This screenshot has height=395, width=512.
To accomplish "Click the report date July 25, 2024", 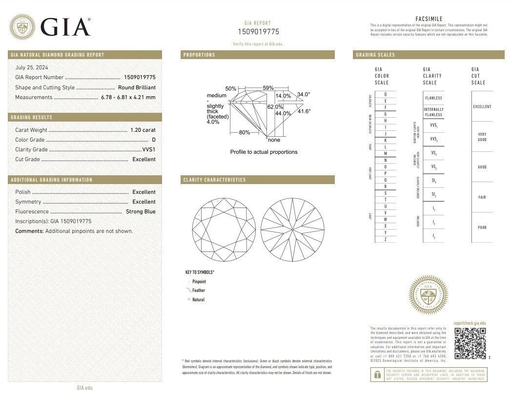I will (x=32, y=67).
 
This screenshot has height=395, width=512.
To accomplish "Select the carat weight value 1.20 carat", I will (x=143, y=130).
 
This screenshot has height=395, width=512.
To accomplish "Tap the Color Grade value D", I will (x=153, y=140).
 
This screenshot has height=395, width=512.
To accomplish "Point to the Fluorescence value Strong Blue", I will (x=141, y=211).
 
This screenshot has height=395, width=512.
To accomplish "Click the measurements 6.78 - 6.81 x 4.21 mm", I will (x=128, y=97).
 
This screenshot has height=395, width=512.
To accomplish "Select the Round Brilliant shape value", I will (x=137, y=87).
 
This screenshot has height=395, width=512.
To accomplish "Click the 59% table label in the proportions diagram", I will (x=268, y=88).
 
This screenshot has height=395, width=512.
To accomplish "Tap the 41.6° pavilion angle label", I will (x=304, y=111).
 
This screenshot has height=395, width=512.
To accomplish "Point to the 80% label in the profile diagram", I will (x=245, y=132).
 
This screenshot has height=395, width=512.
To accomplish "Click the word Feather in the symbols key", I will (x=199, y=291).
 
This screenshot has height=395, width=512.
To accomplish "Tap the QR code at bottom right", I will (x=470, y=343).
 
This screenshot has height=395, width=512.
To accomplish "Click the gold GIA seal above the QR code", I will (x=428, y=294).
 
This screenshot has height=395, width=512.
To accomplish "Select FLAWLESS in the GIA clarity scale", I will (x=433, y=98).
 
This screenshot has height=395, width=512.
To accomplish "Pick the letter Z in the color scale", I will (x=386, y=239).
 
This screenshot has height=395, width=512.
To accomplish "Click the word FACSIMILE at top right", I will (x=429, y=19).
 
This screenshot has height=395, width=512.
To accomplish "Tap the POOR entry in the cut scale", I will (x=482, y=228).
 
